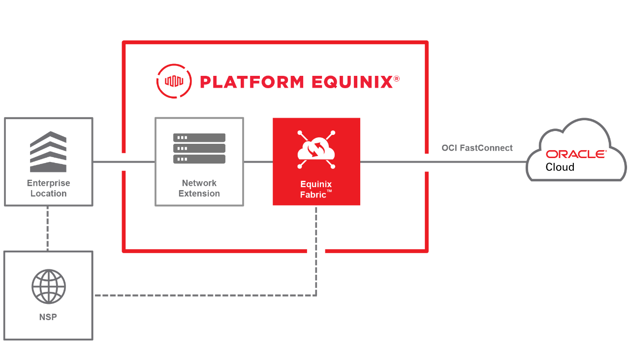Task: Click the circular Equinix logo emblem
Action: pyautogui.click(x=174, y=81)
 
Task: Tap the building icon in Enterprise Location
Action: pyautogui.click(x=48, y=151)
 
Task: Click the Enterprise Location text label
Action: pyautogui.click(x=48, y=188)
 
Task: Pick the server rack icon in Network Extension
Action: pyautogui.click(x=199, y=148)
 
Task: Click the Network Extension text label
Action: pyautogui.click(x=199, y=188)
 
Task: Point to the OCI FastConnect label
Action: pyautogui.click(x=477, y=148)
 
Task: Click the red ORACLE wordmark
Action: pyautogui.click(x=576, y=154)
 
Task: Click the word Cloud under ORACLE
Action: pyautogui.click(x=560, y=167)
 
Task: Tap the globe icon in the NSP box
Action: pyautogui.click(x=48, y=287)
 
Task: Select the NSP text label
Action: pyautogui.click(x=48, y=317)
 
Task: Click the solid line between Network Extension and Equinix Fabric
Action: pyautogui.click(x=258, y=162)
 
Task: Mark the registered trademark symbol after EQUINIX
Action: pyautogui.click(x=396, y=78)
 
